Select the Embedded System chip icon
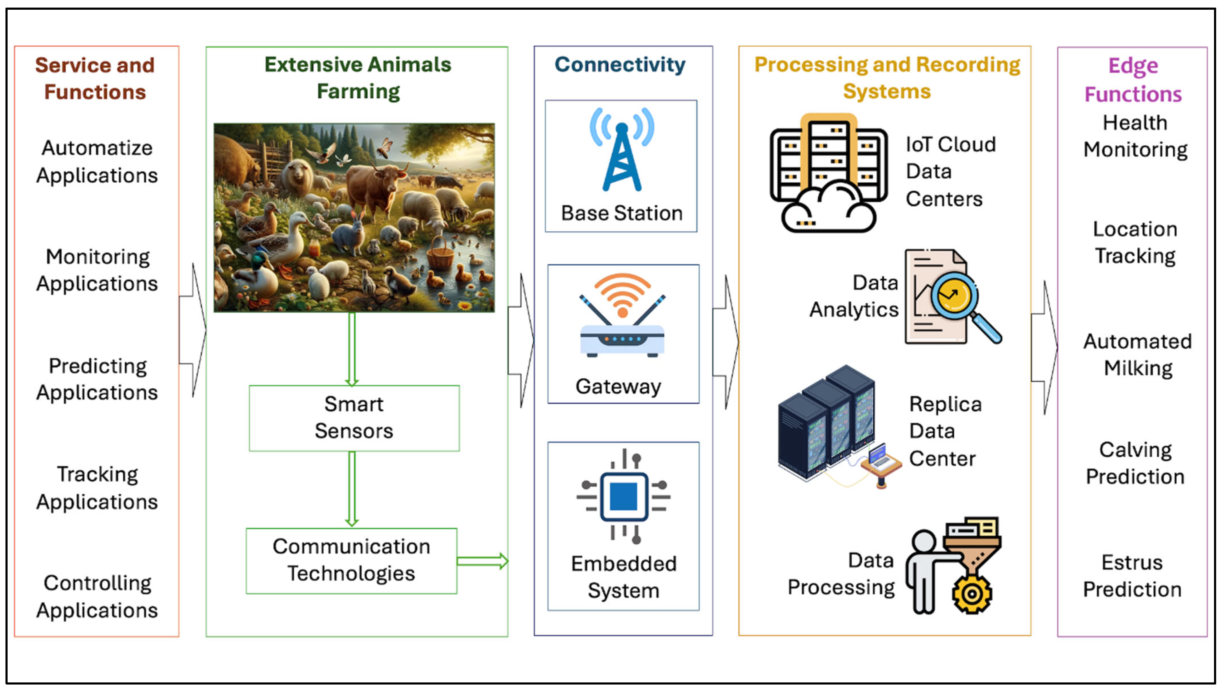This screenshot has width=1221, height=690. point(623,496)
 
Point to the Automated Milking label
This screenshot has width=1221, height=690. point(1137,354)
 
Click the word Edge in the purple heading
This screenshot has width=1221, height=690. point(1133,66)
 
